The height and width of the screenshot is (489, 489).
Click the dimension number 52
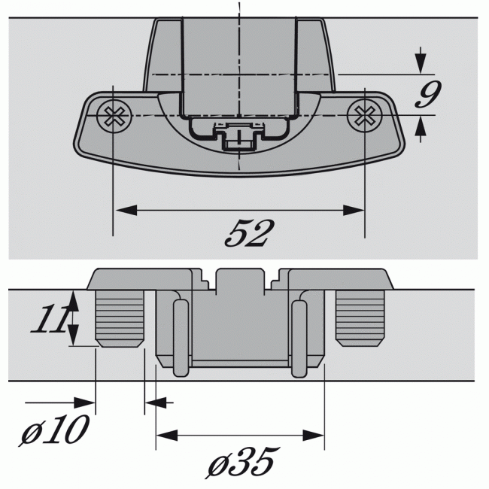click(x=245, y=234)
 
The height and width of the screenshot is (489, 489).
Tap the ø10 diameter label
click(x=54, y=431)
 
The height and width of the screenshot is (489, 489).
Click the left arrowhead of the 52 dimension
click(x=123, y=210)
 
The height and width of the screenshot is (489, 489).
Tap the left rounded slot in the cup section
click(x=180, y=338)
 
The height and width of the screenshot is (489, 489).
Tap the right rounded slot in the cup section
click(x=299, y=338)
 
